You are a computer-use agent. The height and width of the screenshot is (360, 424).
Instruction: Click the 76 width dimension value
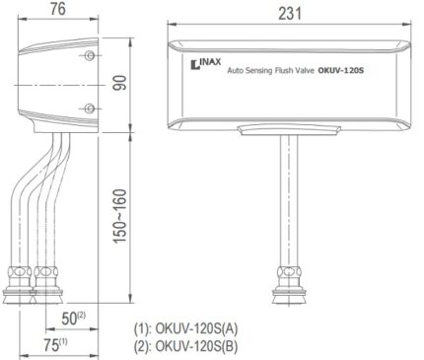[58, 9]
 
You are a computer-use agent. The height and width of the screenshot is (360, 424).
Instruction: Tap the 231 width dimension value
[290, 14]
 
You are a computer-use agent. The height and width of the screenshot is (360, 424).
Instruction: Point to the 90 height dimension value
[119, 83]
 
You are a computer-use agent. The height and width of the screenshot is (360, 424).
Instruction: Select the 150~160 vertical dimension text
[119, 216]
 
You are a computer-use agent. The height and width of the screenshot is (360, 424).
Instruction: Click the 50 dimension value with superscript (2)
[74, 318]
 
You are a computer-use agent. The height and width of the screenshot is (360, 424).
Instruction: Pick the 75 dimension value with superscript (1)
[55, 345]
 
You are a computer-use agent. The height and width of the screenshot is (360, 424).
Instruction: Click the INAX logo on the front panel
[206, 64]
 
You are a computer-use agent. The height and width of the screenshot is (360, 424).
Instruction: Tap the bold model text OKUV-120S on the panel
[341, 70]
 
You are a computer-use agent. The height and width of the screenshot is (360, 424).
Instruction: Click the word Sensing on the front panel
[259, 70]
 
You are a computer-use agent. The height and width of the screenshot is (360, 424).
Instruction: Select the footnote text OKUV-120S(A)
[196, 328]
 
